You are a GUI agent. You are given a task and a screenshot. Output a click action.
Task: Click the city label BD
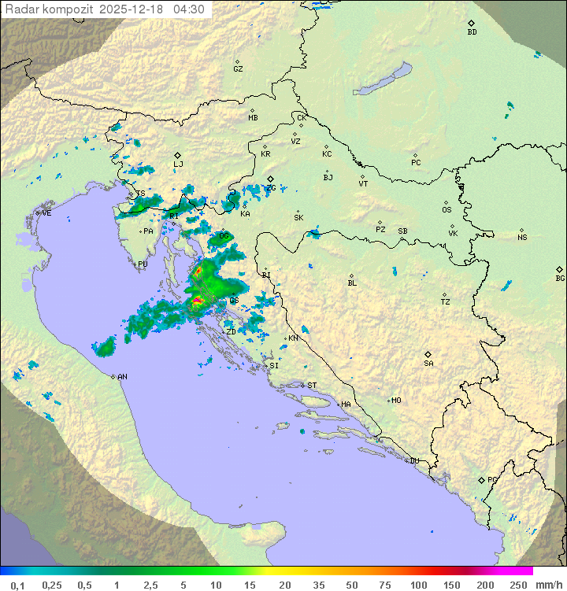472,32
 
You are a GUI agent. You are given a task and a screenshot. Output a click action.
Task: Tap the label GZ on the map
238,69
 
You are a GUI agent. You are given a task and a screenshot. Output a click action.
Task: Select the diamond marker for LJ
178,155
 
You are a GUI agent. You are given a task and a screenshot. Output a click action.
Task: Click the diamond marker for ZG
270,179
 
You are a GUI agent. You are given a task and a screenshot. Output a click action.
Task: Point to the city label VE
46,213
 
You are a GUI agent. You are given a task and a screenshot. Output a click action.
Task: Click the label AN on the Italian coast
122,377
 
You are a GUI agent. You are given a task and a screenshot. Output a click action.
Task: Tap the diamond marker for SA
428,354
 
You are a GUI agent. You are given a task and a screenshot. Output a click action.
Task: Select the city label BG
560,279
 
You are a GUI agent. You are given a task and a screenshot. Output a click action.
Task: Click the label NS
522,238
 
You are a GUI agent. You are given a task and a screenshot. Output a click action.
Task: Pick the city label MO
396,401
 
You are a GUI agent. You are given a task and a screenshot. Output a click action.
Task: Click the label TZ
446,302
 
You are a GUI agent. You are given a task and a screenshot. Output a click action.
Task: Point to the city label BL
352,283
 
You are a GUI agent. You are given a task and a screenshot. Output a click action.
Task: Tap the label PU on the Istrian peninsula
143,265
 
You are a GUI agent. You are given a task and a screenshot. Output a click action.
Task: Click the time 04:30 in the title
190,9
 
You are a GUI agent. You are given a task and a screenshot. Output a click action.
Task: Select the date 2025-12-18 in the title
134,9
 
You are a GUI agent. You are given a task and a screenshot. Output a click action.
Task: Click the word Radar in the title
21,9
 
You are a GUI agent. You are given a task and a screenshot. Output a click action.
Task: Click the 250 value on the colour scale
518,585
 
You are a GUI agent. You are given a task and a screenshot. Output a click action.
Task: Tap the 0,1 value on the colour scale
17,585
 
